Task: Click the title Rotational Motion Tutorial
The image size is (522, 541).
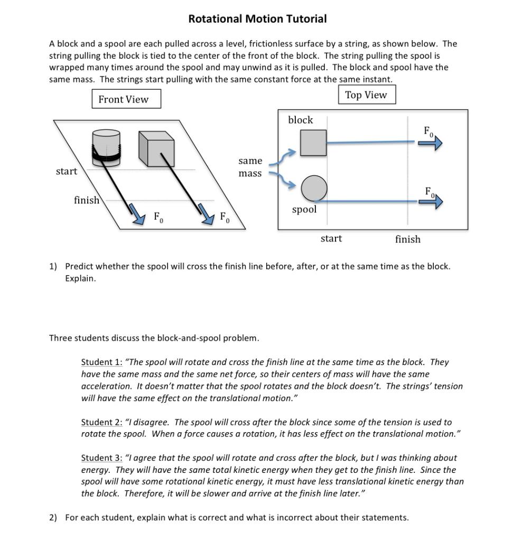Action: pos(257,19)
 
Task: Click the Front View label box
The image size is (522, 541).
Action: pos(126,99)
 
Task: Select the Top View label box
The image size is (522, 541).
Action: pos(366,95)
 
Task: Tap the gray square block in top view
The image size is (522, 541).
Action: pos(313,143)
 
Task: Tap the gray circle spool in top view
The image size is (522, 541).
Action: pos(314,188)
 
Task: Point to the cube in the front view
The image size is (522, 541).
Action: pos(156,147)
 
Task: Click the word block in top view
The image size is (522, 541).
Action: pos(301,120)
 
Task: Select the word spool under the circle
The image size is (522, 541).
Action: pos(304,210)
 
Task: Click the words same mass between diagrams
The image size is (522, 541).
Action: pos(250,167)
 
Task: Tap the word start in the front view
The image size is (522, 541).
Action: pos(67,171)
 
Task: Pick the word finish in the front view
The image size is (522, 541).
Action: pos(87,200)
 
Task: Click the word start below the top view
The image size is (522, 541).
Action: pos(331,239)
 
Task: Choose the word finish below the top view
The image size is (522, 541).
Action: pos(408,239)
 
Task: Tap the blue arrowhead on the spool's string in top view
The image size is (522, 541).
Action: pos(435,201)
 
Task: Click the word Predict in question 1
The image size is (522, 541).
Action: pos(80,266)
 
